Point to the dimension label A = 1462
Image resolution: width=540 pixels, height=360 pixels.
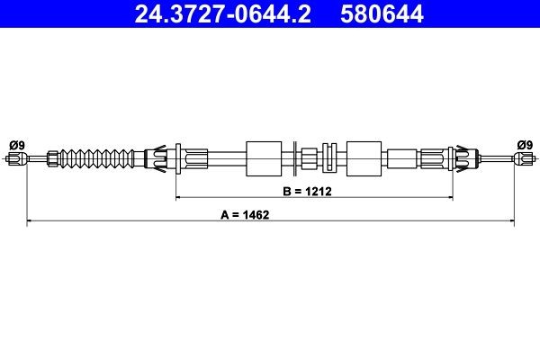(245, 215)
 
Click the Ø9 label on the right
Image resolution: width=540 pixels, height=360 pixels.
(525, 144)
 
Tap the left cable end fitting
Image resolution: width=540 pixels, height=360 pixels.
(15, 159)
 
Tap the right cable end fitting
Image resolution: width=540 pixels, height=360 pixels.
(523, 159)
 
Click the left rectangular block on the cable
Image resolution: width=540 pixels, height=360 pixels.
(264, 158)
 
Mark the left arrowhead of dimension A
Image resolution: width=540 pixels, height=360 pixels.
(30, 219)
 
